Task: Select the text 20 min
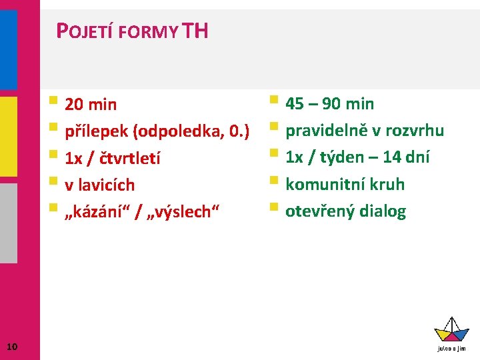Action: pyautogui.click(x=91, y=105)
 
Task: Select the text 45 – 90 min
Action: pyautogui.click(x=329, y=104)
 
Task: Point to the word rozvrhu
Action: pyautogui.click(x=415, y=131)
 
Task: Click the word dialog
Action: pyautogui.click(x=382, y=211)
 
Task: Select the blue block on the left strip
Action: pyautogui.click(x=8, y=49)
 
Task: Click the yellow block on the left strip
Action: pyautogui.click(x=8, y=136)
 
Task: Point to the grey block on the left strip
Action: pyautogui.click(x=8, y=223)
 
